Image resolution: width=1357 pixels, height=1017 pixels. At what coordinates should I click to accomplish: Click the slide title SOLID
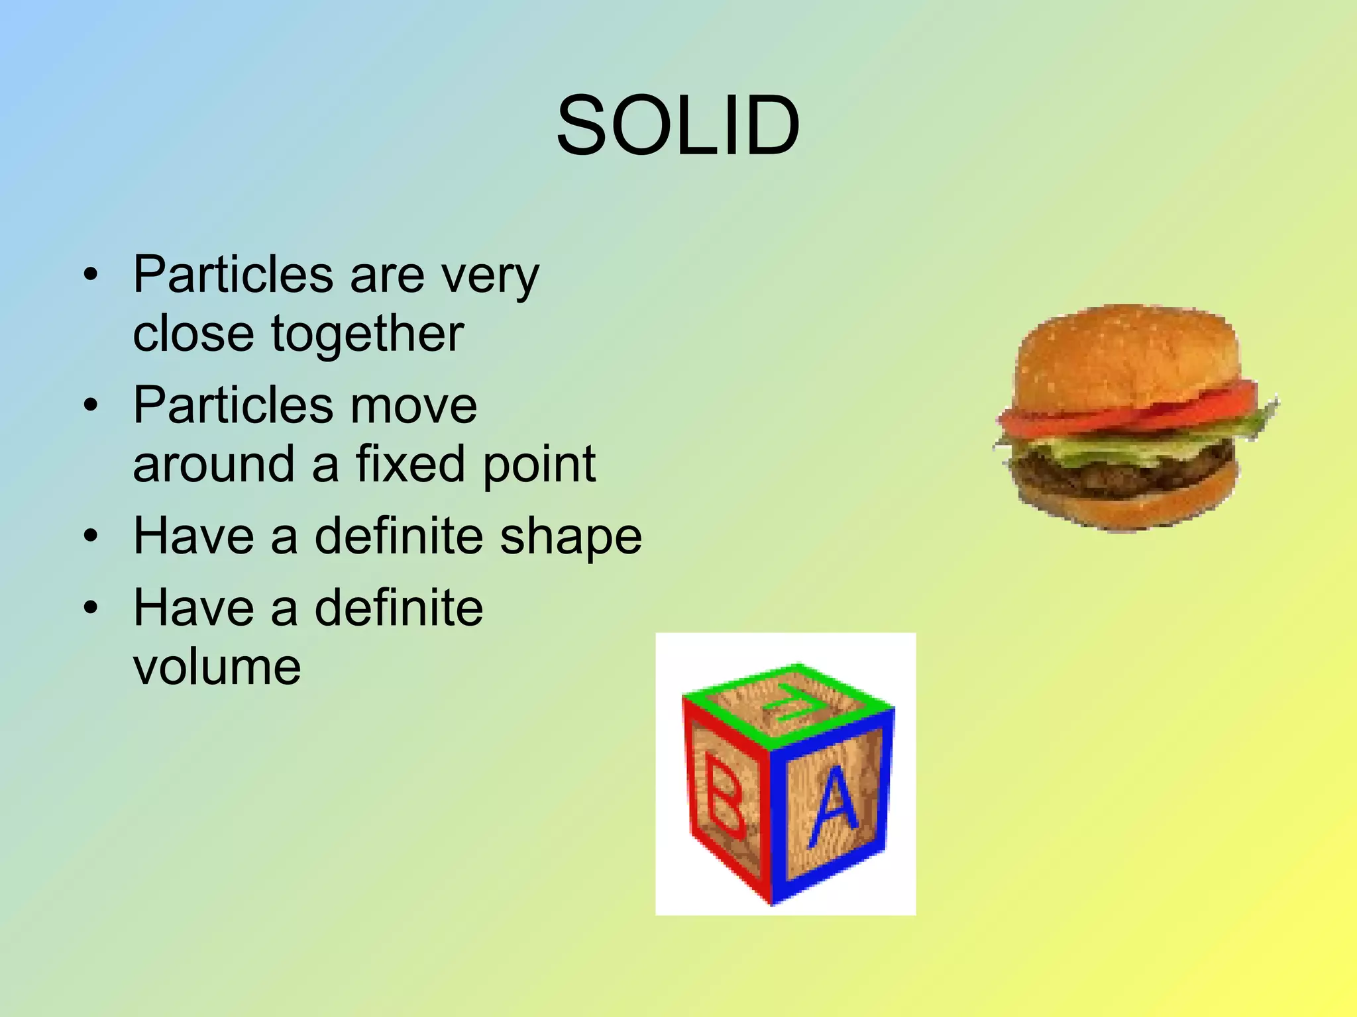pyautogui.click(x=678, y=126)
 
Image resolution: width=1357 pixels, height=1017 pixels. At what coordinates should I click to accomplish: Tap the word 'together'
pyautogui.click(x=367, y=334)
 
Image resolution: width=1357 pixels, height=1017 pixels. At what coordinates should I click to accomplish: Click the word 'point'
pyautogui.click(x=539, y=465)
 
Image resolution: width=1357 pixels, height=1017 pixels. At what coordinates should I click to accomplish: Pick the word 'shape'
pyautogui.click(x=570, y=536)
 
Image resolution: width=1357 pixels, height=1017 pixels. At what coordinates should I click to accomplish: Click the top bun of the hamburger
pyautogui.click(x=1126, y=351)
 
